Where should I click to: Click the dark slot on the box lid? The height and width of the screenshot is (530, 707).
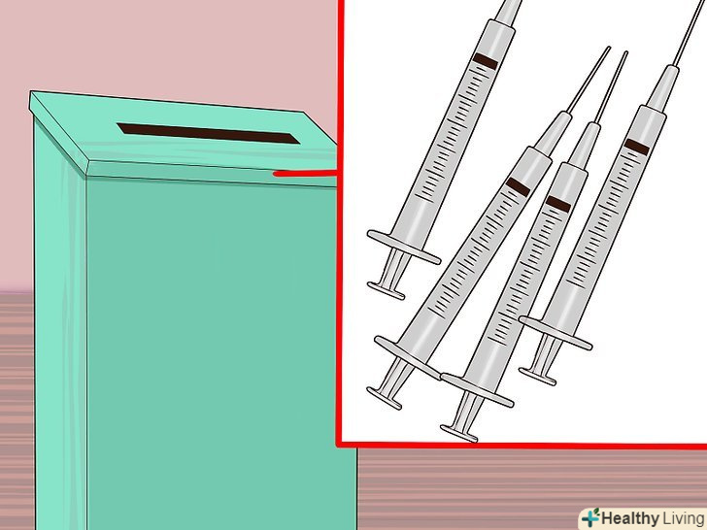pos(208,133)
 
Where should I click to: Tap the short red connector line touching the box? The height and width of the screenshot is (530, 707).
pos(305,174)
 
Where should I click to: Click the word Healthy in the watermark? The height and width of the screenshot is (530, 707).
pos(629,518)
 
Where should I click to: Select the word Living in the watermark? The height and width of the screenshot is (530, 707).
pos(683,518)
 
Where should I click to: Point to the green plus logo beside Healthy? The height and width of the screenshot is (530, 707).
pos(590,517)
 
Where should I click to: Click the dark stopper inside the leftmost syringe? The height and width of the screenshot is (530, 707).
pos(486,61)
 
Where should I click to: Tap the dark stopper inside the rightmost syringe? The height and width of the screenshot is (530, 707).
pos(637,147)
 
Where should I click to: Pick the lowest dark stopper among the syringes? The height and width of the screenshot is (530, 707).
pos(557,204)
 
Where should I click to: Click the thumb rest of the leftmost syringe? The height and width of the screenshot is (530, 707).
pos(386,290)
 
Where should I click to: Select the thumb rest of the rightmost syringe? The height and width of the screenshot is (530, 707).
pos(537,377)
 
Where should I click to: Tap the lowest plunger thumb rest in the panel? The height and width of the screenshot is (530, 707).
pos(458,434)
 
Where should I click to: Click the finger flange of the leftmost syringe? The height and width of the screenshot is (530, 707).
pos(404,247)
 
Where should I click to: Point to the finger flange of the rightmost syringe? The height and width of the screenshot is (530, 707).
pos(555,333)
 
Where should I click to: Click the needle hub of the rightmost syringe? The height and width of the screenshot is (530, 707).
pos(662,89)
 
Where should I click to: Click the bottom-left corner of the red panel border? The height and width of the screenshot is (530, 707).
pos(339,445)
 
